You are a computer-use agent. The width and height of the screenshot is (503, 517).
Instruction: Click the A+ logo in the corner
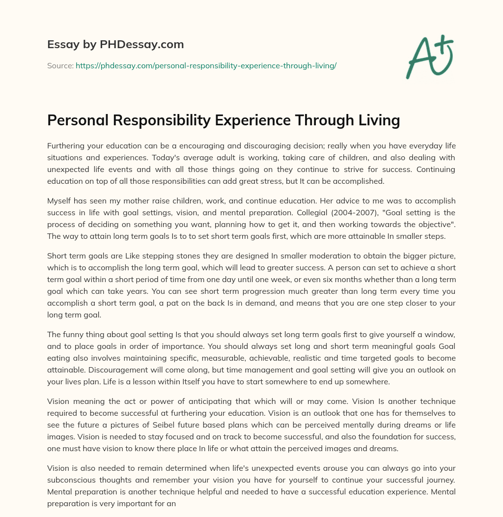click(x=430, y=57)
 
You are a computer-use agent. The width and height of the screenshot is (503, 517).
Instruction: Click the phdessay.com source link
click(x=206, y=65)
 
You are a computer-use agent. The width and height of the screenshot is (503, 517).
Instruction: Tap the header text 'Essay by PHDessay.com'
click(x=115, y=45)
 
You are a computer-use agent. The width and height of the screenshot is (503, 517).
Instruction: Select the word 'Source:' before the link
click(x=60, y=65)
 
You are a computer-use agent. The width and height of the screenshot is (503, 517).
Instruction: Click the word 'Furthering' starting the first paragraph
click(x=67, y=146)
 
